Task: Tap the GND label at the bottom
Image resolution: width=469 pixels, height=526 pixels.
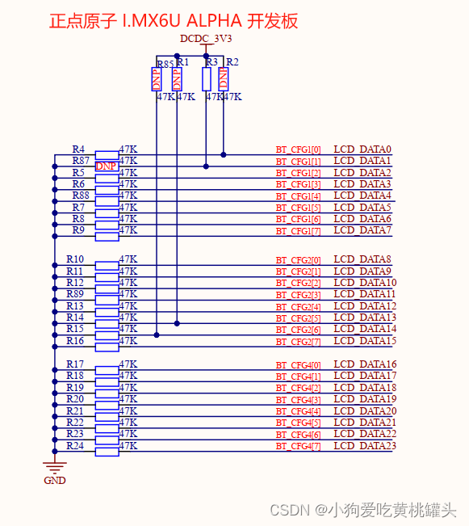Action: pyautogui.click(x=55, y=481)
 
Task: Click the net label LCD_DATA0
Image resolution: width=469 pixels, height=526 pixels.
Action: pyautogui.click(x=362, y=149)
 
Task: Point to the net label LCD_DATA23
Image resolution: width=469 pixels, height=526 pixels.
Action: pyautogui.click(x=365, y=446)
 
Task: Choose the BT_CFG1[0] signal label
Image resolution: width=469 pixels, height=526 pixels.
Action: pyautogui.click(x=298, y=150)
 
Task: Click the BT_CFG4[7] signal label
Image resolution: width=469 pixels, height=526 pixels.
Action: pyautogui.click(x=298, y=447)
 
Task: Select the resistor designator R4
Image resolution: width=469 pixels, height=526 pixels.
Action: pyautogui.click(x=78, y=149)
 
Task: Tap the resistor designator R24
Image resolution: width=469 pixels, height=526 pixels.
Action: pyautogui.click(x=75, y=445)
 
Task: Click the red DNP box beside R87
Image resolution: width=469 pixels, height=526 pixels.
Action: pyautogui.click(x=107, y=166)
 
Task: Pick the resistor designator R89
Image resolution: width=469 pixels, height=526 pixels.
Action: pyautogui.click(x=75, y=294)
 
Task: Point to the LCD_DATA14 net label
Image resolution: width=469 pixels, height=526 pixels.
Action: pyautogui.click(x=365, y=329)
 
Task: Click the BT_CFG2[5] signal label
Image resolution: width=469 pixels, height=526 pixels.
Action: pyautogui.click(x=298, y=318)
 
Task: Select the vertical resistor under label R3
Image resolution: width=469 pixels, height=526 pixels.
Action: pyautogui.click(x=207, y=78)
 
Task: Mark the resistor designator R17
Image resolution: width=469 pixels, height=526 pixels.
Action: pyautogui.click(x=75, y=364)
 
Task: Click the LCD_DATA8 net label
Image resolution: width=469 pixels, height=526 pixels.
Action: pyautogui.click(x=362, y=259)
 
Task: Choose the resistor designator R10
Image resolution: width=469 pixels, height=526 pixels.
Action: pyautogui.click(x=75, y=259)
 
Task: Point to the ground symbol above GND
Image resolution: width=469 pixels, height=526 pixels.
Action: pyautogui.click(x=55, y=466)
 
